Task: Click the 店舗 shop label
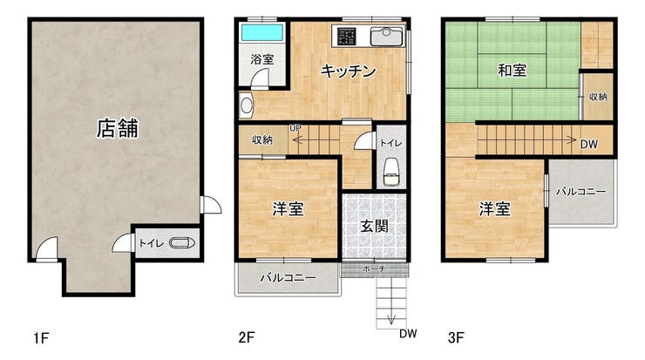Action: point(118,128)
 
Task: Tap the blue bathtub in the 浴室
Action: point(262,32)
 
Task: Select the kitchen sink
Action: point(387,37)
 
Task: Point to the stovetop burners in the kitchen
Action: point(346,36)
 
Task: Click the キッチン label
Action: point(348,71)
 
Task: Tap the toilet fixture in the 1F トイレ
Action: point(182,243)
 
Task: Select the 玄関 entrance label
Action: point(374,226)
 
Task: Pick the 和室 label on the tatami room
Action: point(513,71)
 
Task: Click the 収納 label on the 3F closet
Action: point(598,97)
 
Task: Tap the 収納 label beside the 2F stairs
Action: point(262,139)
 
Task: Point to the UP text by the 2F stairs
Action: point(295,128)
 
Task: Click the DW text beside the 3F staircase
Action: point(588,144)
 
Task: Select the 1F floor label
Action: point(42,338)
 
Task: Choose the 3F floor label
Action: point(456,338)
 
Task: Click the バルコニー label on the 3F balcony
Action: point(580,192)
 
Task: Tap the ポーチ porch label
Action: point(374,269)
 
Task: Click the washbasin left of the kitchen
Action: point(247,105)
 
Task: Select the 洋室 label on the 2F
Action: point(288,209)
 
